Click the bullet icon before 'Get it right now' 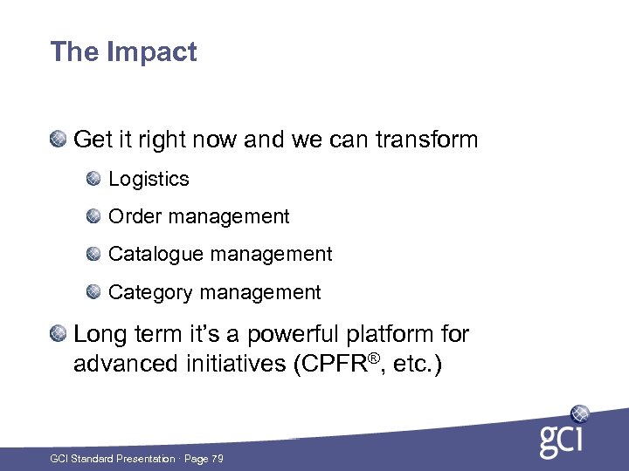59,139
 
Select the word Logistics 149,179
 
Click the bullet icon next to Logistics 93,179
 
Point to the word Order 133,216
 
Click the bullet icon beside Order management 93,216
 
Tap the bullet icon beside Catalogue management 93,254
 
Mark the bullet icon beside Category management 93,292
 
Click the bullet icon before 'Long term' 59,333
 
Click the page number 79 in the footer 217,459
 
